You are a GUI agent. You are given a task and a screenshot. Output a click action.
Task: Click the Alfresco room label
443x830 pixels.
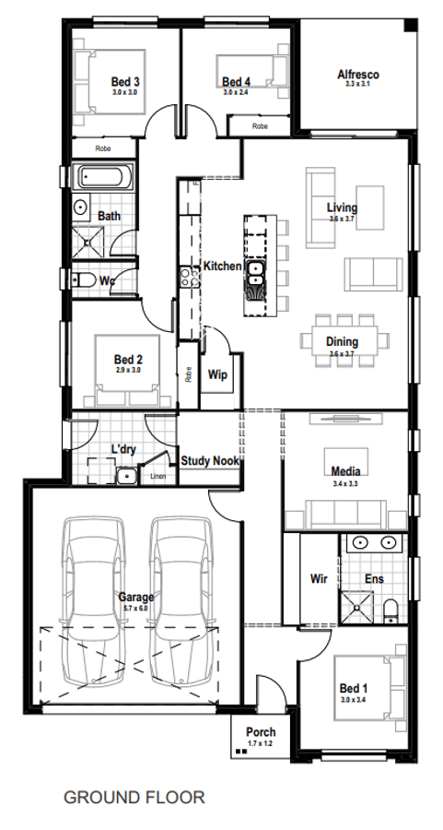(358, 74)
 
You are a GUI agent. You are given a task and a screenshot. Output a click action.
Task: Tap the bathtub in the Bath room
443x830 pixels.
(102, 177)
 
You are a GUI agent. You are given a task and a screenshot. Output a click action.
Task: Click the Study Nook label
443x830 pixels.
(210, 460)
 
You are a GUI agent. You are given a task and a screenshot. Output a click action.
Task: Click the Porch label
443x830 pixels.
(261, 732)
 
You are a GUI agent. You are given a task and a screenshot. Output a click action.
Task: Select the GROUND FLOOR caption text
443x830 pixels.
(134, 797)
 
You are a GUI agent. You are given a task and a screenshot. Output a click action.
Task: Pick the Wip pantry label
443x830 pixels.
(218, 375)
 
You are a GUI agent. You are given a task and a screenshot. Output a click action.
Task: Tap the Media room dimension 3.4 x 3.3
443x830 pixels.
(344, 483)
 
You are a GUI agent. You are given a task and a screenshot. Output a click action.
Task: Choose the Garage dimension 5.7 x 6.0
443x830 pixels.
(135, 609)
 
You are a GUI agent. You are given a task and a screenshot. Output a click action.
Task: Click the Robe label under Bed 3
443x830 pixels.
(104, 148)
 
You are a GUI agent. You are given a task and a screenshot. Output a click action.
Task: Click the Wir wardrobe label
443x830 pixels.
(320, 579)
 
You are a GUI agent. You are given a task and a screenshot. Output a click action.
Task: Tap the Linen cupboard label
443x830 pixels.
(158, 477)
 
